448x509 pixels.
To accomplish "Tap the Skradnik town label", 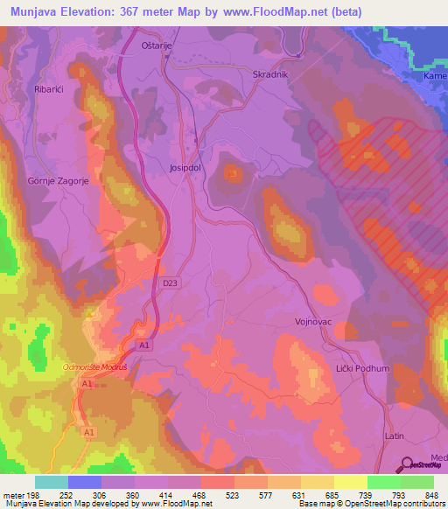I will tap(269, 74).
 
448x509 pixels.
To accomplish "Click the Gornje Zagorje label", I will tap(52, 181).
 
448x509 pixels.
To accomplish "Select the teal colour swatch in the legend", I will tap(52, 482).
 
